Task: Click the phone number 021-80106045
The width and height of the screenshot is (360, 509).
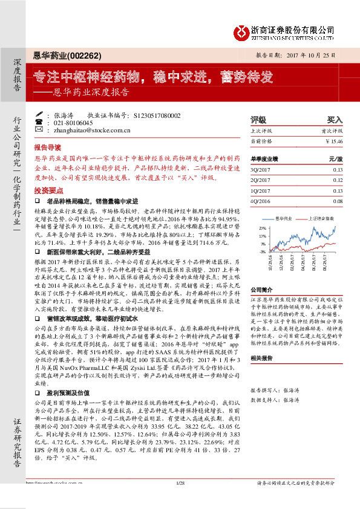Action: coord(67,122)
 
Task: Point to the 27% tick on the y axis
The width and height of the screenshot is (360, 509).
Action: coord(262,228)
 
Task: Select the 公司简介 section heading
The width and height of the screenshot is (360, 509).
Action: coord(263,290)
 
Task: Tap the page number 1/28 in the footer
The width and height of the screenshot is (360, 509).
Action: coord(179,499)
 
